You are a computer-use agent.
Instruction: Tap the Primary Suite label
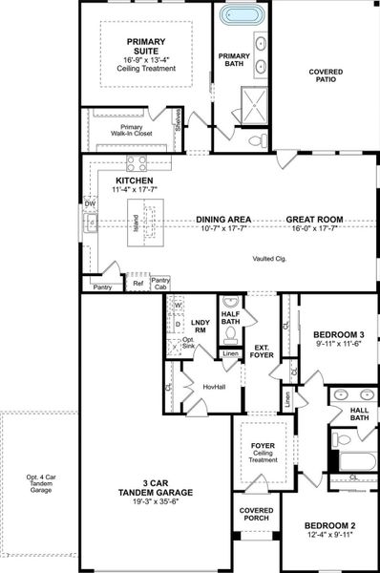[140, 43]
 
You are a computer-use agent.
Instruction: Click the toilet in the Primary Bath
[254, 139]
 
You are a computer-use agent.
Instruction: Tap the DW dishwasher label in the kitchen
[90, 203]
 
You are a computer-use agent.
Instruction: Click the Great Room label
[314, 220]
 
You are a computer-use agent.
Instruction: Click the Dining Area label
[224, 220]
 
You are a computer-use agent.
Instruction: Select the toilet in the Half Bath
[229, 333]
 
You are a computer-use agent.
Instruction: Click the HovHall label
[214, 387]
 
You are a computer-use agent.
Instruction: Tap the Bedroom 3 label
[340, 334]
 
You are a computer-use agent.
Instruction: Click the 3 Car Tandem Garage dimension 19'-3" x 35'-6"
[155, 505]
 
